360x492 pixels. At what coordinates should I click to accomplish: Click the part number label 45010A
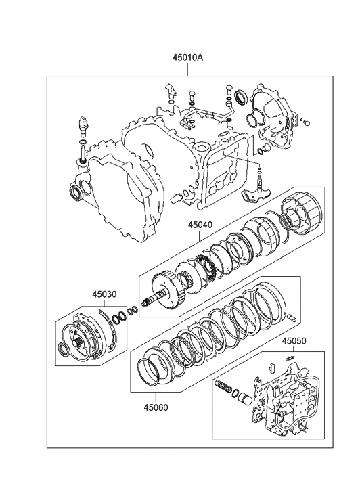point(187,58)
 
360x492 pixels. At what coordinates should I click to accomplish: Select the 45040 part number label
point(200,225)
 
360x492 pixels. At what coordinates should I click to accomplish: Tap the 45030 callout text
point(104,294)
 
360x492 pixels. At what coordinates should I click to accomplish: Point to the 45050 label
point(294,341)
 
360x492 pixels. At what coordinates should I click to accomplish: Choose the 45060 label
point(156,407)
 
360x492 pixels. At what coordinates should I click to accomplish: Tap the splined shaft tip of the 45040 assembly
point(145,303)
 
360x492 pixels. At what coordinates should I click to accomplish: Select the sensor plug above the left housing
point(83,125)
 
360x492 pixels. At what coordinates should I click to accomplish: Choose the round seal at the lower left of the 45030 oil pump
point(65,350)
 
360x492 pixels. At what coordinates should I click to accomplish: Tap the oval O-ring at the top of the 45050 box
point(290,358)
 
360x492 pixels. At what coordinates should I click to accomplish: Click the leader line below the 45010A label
point(187,69)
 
